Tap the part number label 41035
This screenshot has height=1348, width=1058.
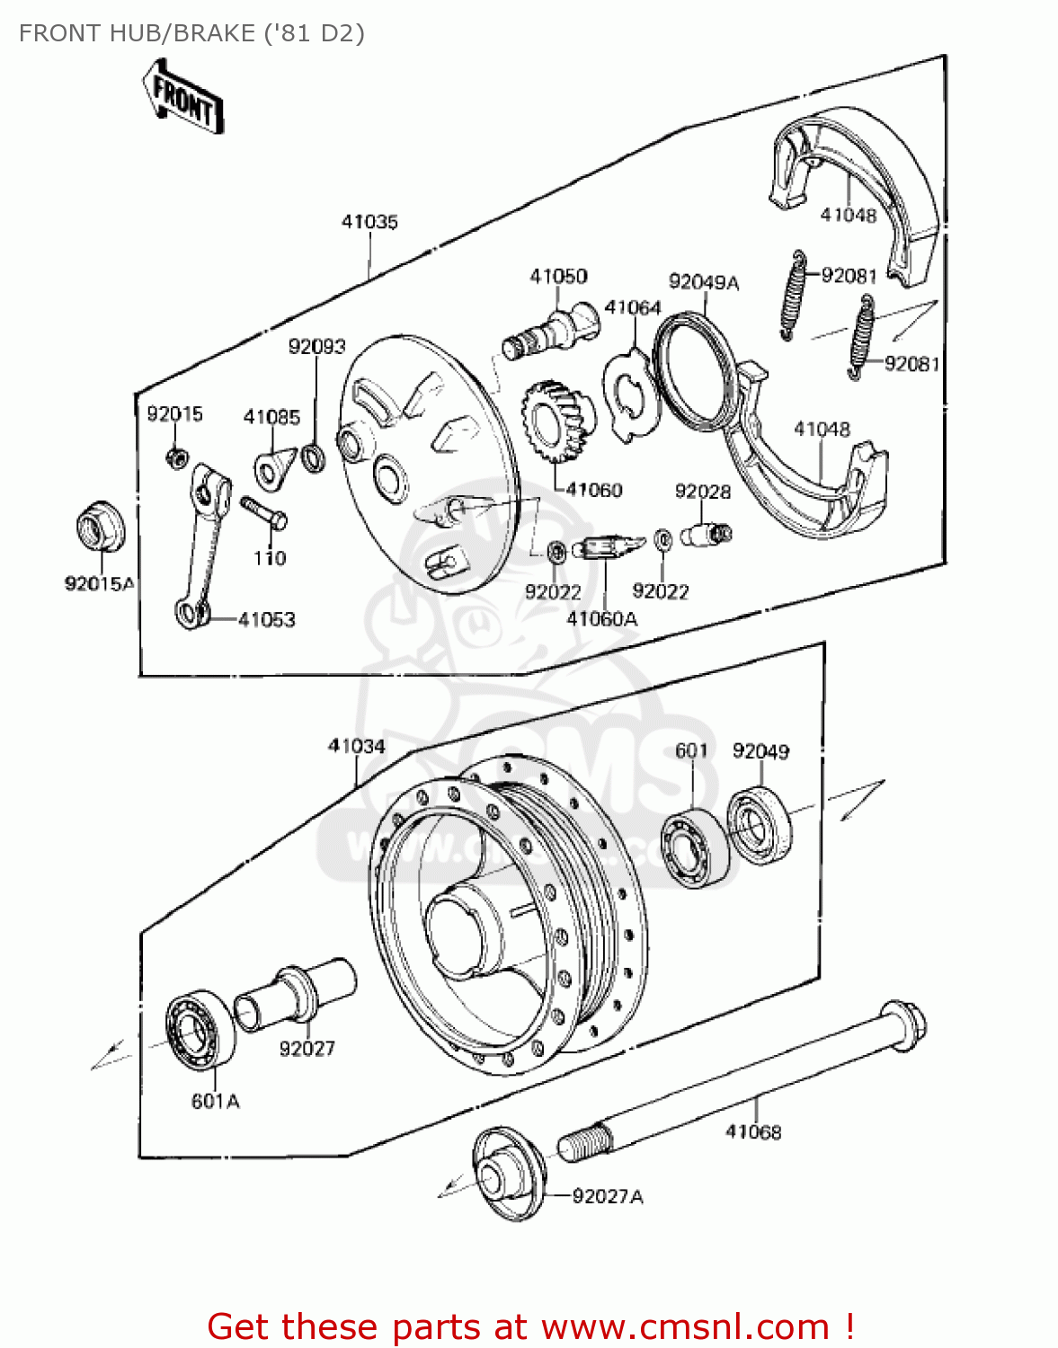pyautogui.click(x=369, y=222)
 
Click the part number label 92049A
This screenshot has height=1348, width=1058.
pyautogui.click(x=703, y=282)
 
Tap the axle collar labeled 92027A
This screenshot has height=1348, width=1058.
pyautogui.click(x=508, y=1173)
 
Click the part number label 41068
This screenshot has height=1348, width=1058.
pyautogui.click(x=753, y=1132)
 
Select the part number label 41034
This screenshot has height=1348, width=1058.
pyautogui.click(x=356, y=746)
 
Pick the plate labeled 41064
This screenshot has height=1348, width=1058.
pyautogui.click(x=632, y=395)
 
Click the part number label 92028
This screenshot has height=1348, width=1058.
pyautogui.click(x=702, y=492)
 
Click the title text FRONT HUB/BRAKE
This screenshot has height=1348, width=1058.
pyautogui.click(x=191, y=33)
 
